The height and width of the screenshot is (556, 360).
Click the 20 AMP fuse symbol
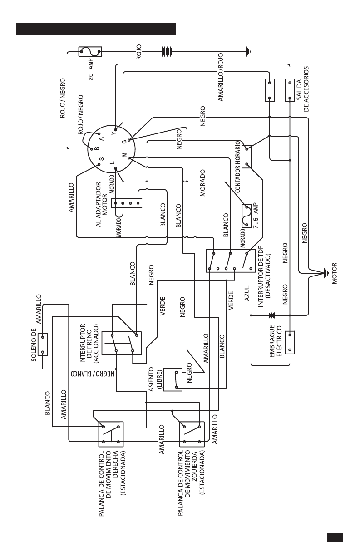click(x=90, y=52)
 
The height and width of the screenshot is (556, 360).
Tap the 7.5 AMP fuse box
click(x=247, y=216)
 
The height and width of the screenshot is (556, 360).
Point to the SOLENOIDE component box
click(x=43, y=344)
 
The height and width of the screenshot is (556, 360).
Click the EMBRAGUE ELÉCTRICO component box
click(x=290, y=343)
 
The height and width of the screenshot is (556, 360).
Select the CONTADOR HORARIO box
click(x=247, y=157)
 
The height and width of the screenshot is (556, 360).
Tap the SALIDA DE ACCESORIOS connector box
click(x=290, y=90)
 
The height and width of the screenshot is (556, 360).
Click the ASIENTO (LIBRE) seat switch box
click(x=173, y=379)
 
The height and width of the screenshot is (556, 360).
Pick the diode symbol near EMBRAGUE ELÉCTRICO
click(x=271, y=315)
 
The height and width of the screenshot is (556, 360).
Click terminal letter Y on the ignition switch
click(x=113, y=133)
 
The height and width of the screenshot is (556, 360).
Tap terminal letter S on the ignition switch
click(x=102, y=159)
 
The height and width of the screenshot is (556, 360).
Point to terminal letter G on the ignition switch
click(x=124, y=142)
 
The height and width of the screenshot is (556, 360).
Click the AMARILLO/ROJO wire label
click(x=221, y=77)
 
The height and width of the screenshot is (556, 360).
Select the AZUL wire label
click(x=247, y=293)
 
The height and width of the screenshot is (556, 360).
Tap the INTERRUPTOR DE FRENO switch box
click(x=122, y=343)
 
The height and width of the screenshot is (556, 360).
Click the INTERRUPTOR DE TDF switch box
click(x=231, y=261)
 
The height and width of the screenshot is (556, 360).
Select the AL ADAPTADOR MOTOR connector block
click(x=127, y=203)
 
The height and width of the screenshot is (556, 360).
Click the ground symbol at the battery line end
click(x=248, y=52)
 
